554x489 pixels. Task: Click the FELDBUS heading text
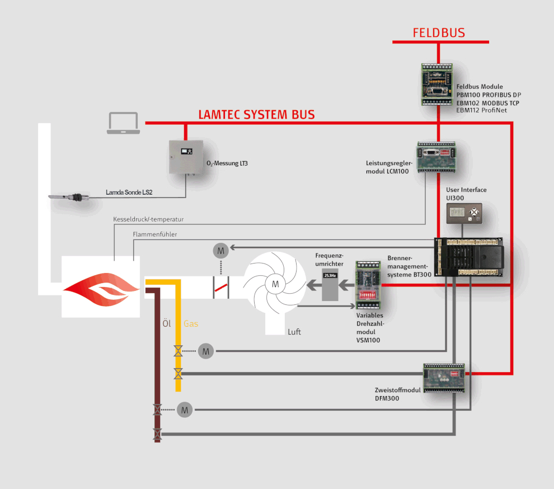coord(439,32)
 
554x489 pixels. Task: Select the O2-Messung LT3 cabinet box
coord(185,157)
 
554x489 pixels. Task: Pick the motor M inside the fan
coord(275,284)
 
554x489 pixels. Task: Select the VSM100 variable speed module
coord(369,285)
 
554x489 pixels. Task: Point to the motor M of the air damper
coord(221,250)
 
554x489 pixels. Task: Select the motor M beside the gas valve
coord(206,351)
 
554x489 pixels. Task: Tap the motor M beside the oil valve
coord(185,410)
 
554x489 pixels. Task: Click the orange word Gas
coord(191,323)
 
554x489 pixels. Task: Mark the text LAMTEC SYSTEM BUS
coord(256,115)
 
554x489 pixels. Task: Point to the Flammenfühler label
coord(155,234)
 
